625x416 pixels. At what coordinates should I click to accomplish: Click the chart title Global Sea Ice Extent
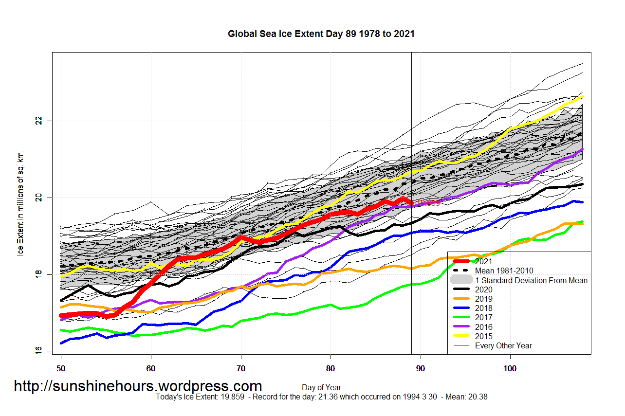click(x=321, y=34)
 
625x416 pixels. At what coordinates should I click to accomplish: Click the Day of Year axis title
click(x=321, y=387)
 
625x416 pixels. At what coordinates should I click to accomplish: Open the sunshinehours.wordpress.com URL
click(x=138, y=386)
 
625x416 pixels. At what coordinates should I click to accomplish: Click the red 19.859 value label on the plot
click(x=428, y=203)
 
